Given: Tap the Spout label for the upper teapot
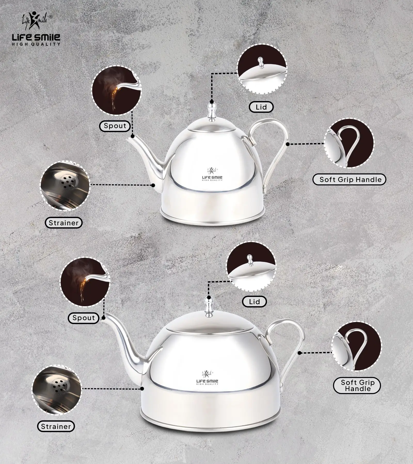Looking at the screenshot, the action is pos(115,126).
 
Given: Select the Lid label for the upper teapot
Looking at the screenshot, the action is pos(261,107).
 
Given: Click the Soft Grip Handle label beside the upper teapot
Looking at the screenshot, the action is pos(349,180).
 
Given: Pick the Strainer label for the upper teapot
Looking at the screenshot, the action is pos(63,223).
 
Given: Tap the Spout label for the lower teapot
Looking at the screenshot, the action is pos(83,318).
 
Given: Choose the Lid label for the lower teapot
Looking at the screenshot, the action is pos(254,302).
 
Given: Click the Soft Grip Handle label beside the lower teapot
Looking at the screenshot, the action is pos(358,386).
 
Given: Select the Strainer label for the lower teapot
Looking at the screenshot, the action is pos(56,426).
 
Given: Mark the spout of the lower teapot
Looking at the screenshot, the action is pos(121,338).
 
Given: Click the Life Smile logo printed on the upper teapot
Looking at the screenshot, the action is pos(212,174).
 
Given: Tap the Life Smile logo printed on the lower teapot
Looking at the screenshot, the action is pos(207,378).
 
